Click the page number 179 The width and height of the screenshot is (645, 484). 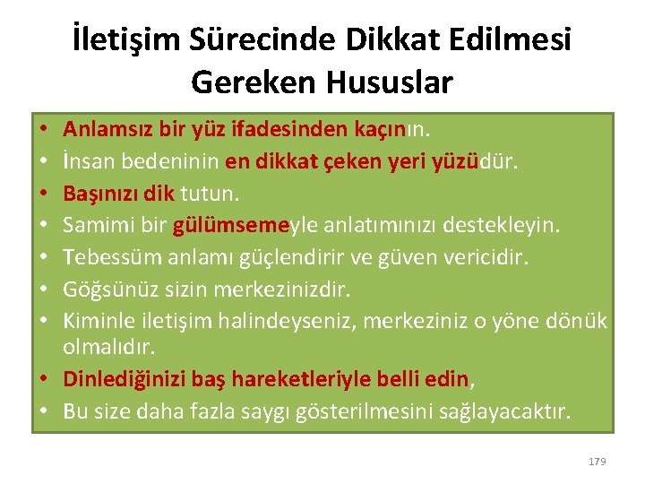coord(597,461)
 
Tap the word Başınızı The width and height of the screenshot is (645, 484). coord(100,192)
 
